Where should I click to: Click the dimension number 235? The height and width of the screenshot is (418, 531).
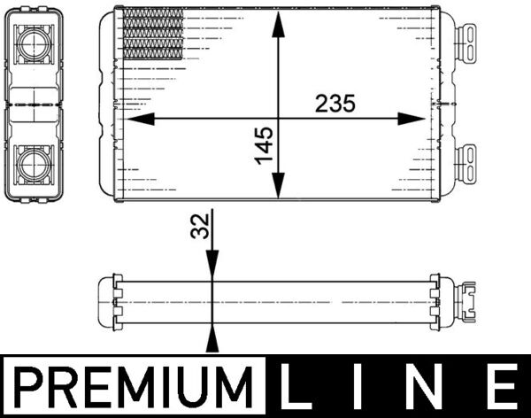click(x=335, y=104)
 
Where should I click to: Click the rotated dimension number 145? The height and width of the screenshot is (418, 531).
click(x=264, y=144)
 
